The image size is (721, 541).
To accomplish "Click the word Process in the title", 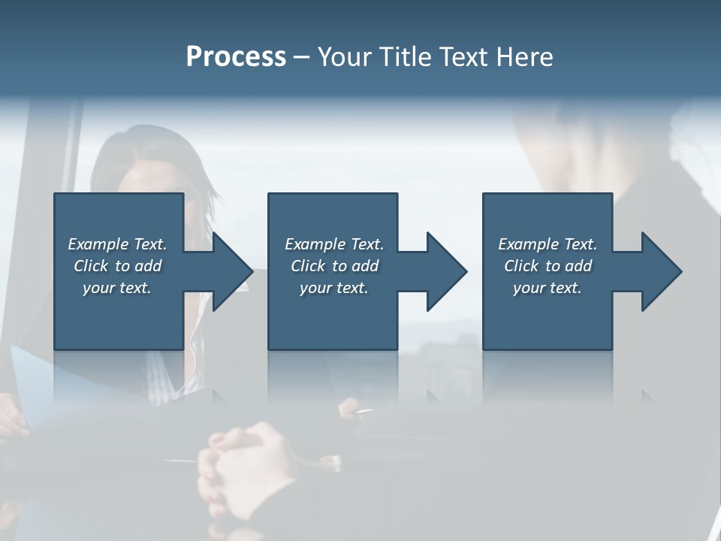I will [236, 57].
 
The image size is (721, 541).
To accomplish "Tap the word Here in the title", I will [525, 57].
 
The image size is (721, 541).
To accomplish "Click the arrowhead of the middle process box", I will [445, 271].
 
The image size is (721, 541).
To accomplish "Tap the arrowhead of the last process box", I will [660, 271].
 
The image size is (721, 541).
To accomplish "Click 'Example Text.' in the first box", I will [117, 244].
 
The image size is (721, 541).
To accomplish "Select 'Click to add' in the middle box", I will [334, 266].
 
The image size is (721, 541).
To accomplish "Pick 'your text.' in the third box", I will [548, 288].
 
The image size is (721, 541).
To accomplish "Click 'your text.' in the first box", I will [117, 288].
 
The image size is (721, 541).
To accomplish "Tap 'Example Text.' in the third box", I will [548, 244].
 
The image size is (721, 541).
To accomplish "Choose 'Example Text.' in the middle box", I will [334, 244].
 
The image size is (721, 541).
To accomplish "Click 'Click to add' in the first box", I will [117, 266].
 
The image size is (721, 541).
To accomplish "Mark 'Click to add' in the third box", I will [548, 266].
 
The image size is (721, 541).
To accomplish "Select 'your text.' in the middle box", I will [334, 288].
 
